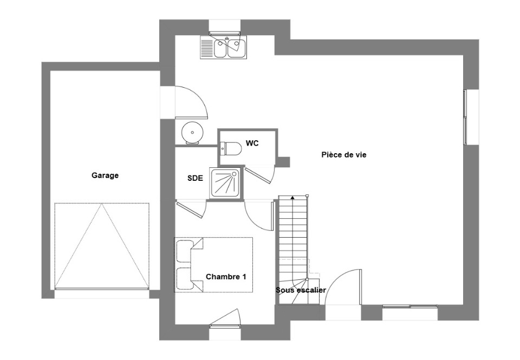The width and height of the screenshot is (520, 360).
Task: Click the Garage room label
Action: pyautogui.click(x=105, y=175)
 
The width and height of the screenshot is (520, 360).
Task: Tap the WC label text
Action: pyautogui.click(x=252, y=143)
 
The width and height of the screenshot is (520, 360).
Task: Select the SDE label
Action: pyautogui.click(x=195, y=178)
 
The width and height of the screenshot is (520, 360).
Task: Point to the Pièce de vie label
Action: pyautogui.click(x=344, y=155)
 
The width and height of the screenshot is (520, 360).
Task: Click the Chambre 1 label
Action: pyautogui.click(x=226, y=277)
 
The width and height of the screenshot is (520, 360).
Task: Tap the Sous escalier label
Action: pyautogui.click(x=301, y=290)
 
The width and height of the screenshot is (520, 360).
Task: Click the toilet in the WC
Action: pyautogui.click(x=231, y=148)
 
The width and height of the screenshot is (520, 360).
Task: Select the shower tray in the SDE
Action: pyautogui.click(x=226, y=184)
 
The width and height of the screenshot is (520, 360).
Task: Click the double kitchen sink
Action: pyautogui.click(x=230, y=48)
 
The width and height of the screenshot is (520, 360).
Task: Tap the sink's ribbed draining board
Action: pyautogui.click(x=207, y=48)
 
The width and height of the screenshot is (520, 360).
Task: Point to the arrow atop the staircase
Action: pyautogui.click(x=292, y=198)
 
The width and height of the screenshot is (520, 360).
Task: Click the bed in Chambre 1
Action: pyautogui.click(x=213, y=265)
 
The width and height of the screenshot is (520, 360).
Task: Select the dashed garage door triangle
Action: pyautogui.click(x=102, y=246)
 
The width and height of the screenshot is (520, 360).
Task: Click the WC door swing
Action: pyautogui.click(x=261, y=175)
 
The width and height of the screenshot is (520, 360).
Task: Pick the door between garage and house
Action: pyautogui.click(x=191, y=102)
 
